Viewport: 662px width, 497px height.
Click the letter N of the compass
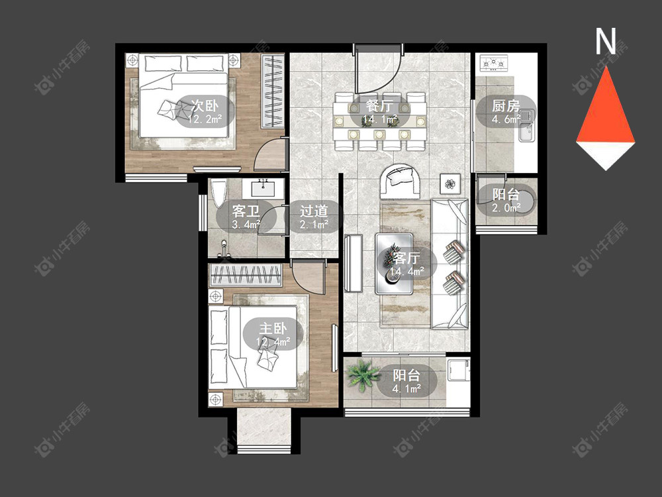[606, 41]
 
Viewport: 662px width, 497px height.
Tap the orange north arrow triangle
[606, 105]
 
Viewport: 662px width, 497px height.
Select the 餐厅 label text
[380, 105]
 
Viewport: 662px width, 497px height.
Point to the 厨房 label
[506, 105]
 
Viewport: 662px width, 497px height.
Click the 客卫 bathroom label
[246, 211]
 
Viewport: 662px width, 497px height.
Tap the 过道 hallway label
[314, 211]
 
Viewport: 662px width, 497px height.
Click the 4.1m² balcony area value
[406, 388]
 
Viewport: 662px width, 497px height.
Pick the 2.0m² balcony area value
[506, 207]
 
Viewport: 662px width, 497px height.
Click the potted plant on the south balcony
[362, 374]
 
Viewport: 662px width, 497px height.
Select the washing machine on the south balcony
[457, 370]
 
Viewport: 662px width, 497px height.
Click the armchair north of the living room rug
[400, 181]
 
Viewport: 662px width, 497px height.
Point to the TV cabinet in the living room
[354, 263]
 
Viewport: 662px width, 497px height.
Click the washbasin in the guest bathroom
[263, 188]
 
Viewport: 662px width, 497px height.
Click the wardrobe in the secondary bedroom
[272, 91]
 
